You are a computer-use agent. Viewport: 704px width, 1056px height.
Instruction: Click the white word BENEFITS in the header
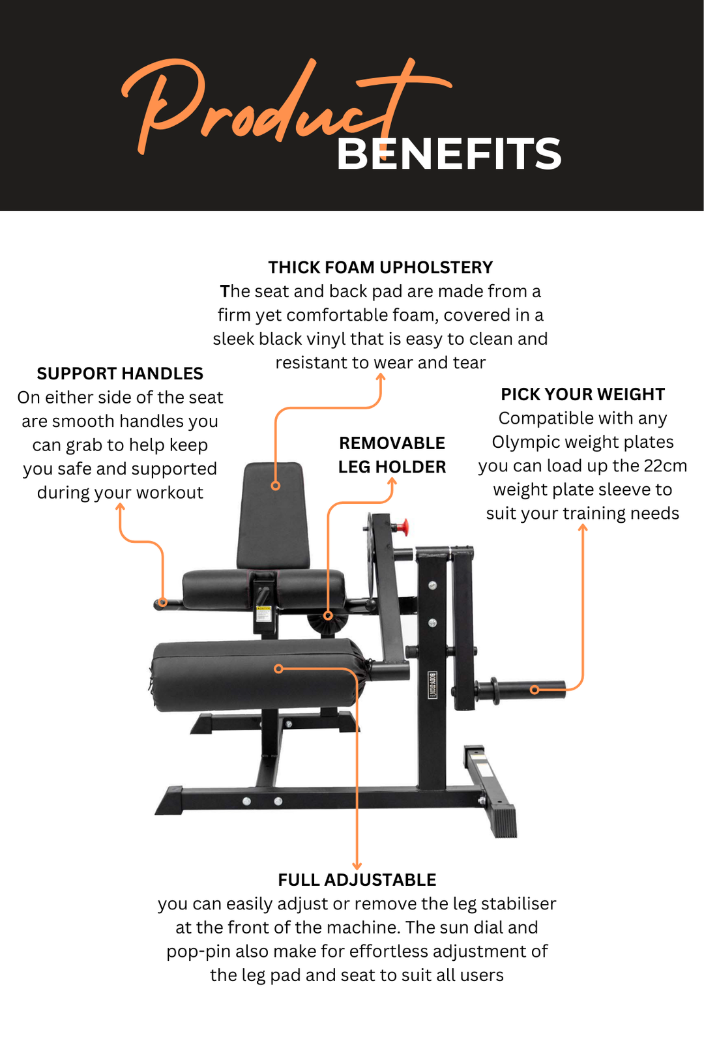coord(448,154)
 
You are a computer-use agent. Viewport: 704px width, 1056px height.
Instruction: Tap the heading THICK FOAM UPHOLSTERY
coord(380,267)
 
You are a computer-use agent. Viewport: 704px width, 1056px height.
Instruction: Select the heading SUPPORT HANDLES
coord(120,374)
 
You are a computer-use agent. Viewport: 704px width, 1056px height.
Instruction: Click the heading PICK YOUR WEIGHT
coord(582,394)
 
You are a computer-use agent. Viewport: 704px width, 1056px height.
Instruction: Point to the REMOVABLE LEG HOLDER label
coord(392,455)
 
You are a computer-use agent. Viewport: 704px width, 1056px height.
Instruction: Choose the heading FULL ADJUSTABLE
coord(357,880)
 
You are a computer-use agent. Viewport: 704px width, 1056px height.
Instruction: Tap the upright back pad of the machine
coord(274,515)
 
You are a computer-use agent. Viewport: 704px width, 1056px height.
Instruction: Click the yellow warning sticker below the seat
coord(263,614)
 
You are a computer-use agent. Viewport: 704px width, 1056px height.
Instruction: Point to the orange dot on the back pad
coord(276,486)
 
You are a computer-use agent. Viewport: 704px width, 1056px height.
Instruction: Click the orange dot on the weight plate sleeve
coord(535,689)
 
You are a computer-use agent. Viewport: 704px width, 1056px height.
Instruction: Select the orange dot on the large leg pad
coord(278,669)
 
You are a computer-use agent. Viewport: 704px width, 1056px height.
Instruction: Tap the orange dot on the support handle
coord(164,602)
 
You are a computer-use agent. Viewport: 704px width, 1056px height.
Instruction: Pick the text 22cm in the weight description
coord(665,465)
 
